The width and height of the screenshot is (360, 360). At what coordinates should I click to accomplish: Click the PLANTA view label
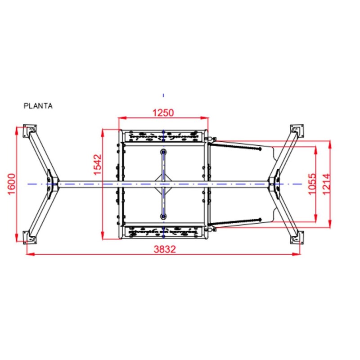pyautogui.click(x=38, y=106)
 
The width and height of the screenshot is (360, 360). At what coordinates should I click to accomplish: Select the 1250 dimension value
pyautogui.click(x=163, y=112)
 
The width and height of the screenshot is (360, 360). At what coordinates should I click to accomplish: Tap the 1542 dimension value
pyautogui.click(x=98, y=164)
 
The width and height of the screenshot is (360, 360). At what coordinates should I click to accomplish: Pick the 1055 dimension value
pyautogui.click(x=311, y=184)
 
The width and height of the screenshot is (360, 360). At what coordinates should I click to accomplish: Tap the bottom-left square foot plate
pyautogui.click(x=28, y=237)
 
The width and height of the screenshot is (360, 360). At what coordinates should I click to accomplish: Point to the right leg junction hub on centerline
pyautogui.click(x=274, y=184)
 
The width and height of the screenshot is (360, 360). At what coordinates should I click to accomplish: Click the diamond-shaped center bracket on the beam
pyautogui.click(x=163, y=184)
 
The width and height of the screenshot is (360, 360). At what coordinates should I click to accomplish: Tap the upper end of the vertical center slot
pyautogui.click(x=163, y=152)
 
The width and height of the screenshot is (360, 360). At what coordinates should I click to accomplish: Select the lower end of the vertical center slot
pyautogui.click(x=163, y=216)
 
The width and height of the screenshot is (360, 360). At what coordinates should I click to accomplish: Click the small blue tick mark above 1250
pyautogui.click(x=163, y=95)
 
